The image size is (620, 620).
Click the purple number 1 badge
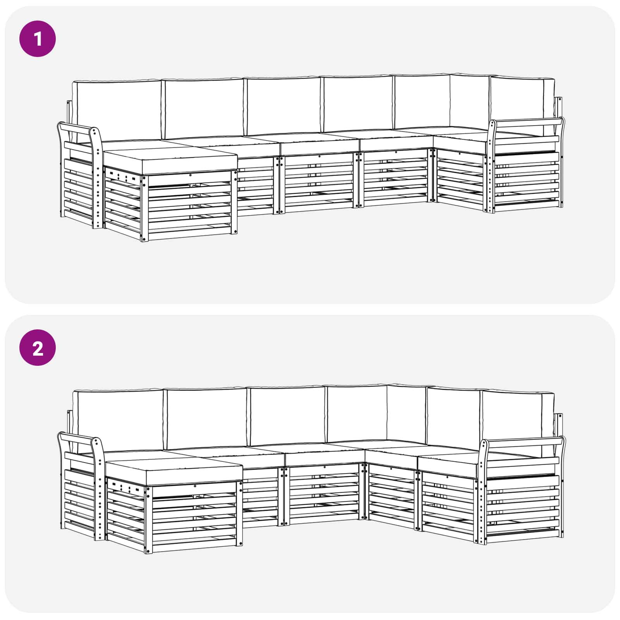point(38,39)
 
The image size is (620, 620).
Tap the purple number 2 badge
point(38,348)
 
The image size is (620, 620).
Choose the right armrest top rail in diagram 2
point(523,441)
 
